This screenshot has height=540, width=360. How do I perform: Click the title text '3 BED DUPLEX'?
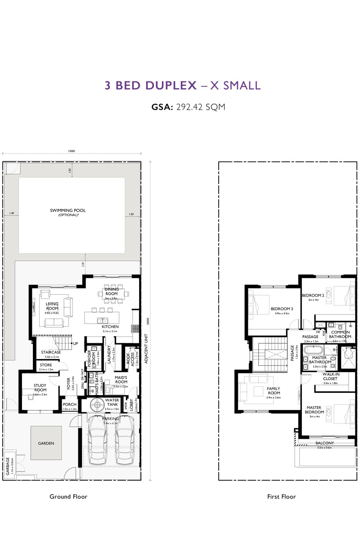[150, 85]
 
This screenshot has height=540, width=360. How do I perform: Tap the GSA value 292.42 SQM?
[200, 108]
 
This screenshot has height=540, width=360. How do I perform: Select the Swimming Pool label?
[67, 211]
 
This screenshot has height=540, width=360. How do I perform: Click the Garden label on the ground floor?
[46, 443]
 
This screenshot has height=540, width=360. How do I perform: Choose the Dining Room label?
[112, 292]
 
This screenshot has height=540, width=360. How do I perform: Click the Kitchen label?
[110, 326]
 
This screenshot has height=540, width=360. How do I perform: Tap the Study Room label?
[40, 387]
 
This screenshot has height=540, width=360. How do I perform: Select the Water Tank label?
[112, 402]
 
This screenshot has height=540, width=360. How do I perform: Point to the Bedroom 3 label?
[282, 309]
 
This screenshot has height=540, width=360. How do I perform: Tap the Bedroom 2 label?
[313, 296]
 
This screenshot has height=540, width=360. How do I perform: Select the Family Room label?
[274, 391]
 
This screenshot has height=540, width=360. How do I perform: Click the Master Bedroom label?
[314, 409]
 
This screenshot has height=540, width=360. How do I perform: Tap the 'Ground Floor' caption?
[68, 497]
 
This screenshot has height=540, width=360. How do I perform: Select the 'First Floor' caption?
[281, 497]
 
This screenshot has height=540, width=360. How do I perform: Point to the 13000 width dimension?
[71, 151]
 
